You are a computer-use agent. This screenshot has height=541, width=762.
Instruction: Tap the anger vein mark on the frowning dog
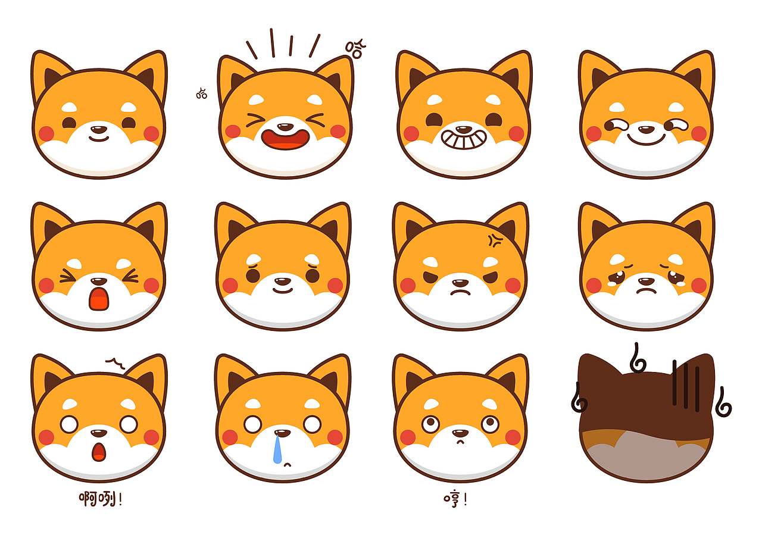pyautogui.click(x=495, y=240)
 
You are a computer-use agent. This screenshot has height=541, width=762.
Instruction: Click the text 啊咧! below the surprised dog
pyautogui.click(x=101, y=499)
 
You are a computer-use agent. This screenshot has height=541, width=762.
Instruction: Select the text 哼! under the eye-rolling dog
pyautogui.click(x=455, y=499)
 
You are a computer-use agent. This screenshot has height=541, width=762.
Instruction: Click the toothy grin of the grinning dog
pyautogui.click(x=464, y=139)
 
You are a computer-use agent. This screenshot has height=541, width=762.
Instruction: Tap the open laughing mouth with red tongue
pyautogui.click(x=285, y=139)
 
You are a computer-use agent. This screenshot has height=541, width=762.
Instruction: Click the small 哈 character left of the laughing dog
pyautogui.click(x=201, y=93)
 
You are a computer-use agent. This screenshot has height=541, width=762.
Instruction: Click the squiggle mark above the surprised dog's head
pyautogui.click(x=115, y=363)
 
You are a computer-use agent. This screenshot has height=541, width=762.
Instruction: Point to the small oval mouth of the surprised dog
pyautogui.click(x=99, y=452)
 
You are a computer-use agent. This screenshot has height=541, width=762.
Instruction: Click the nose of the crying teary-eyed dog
pyautogui.click(x=646, y=281)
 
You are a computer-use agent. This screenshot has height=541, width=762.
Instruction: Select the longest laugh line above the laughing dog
pyautogui.click(x=272, y=43)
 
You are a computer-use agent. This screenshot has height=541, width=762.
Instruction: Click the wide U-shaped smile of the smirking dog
pyautogui.click(x=646, y=139)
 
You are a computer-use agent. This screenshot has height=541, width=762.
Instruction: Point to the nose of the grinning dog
pyautogui.click(x=464, y=130)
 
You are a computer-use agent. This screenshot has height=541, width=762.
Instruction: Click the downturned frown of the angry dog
pyautogui.click(x=460, y=293)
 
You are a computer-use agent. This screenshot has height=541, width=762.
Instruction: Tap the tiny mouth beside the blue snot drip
pyautogui.click(x=288, y=464)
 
